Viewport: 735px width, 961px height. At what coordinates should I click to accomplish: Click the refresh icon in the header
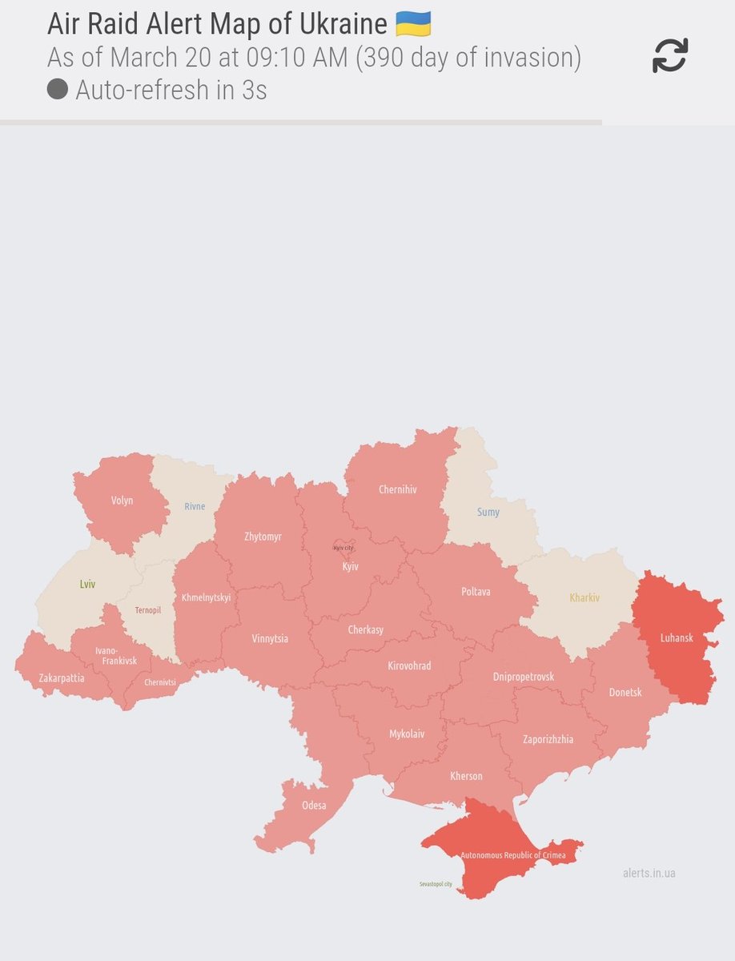click(670, 56)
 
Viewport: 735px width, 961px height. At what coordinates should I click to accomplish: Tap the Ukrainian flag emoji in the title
click(413, 23)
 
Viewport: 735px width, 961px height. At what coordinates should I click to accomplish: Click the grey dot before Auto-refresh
click(57, 89)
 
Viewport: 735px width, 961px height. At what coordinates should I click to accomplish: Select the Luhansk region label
click(677, 638)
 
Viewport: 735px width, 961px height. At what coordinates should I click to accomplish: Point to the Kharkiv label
click(584, 597)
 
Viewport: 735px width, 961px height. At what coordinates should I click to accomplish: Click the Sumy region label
click(488, 512)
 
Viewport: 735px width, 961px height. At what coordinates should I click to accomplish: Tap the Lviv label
click(87, 585)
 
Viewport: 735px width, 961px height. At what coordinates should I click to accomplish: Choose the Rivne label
click(195, 506)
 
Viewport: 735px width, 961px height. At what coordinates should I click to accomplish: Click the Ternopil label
click(148, 610)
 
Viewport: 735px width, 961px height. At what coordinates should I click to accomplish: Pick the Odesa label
click(314, 805)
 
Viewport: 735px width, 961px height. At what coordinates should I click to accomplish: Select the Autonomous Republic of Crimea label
click(512, 855)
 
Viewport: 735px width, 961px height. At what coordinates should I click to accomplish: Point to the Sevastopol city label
click(436, 884)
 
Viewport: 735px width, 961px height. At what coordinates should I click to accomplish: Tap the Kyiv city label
click(343, 548)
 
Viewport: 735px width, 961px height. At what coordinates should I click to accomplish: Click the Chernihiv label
click(398, 489)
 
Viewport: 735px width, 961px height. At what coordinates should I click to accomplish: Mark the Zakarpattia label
click(62, 678)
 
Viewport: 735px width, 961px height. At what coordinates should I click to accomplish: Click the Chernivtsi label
click(160, 682)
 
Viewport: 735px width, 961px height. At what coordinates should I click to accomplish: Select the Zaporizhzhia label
click(548, 739)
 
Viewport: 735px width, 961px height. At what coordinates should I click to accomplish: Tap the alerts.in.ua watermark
click(649, 873)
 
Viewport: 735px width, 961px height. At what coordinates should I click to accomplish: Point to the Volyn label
click(122, 501)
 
